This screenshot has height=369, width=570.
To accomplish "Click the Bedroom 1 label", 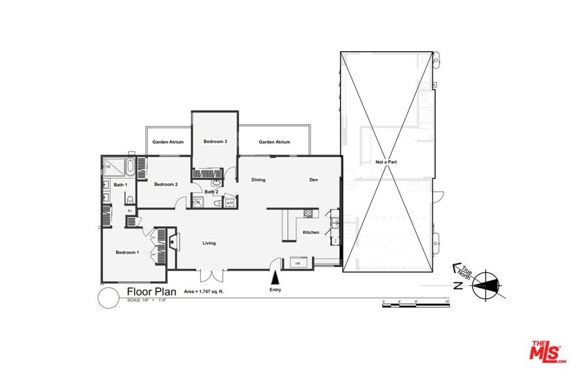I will click(x=127, y=253).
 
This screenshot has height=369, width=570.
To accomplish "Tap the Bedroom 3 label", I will click(x=215, y=142).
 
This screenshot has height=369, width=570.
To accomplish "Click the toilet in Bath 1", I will click(x=130, y=200).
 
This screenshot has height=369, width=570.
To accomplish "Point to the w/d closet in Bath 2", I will click(x=229, y=203).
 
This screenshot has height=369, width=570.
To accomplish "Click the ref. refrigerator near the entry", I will click(x=298, y=263).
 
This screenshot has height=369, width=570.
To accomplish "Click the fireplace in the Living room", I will click(x=173, y=241).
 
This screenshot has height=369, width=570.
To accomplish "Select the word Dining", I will click(x=258, y=179).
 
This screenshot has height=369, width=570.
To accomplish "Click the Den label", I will click(x=313, y=179).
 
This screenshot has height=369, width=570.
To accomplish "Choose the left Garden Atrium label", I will click(x=168, y=142).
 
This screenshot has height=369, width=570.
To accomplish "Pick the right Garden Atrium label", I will click(x=274, y=142).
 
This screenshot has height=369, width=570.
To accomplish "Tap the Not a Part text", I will click(x=386, y=162).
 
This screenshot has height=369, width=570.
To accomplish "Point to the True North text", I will click(x=463, y=271).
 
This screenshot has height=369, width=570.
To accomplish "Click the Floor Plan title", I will click(x=151, y=292).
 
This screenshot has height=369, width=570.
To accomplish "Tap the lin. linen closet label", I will click(x=130, y=211).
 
